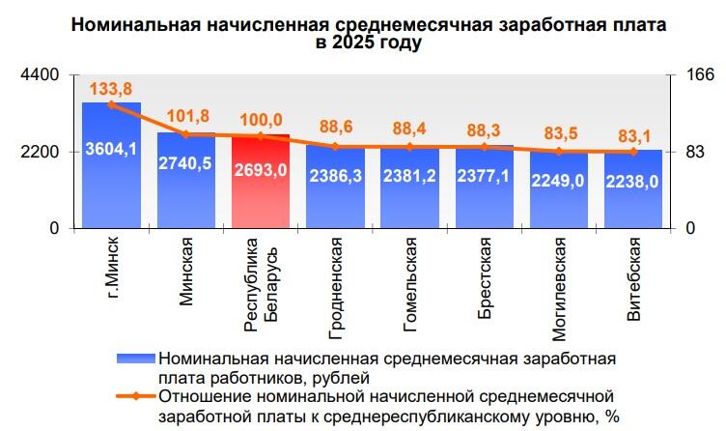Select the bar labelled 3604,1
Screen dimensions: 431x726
[111, 164]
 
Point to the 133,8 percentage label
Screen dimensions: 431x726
[111, 88]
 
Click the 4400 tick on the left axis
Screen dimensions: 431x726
[42, 75]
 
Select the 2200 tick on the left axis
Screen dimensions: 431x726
[42, 152]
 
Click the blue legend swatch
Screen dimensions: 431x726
[135, 359]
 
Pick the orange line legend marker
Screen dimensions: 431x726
[135, 394]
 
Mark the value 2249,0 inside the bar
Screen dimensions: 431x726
[559, 181]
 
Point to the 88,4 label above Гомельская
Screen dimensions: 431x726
[409, 129]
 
